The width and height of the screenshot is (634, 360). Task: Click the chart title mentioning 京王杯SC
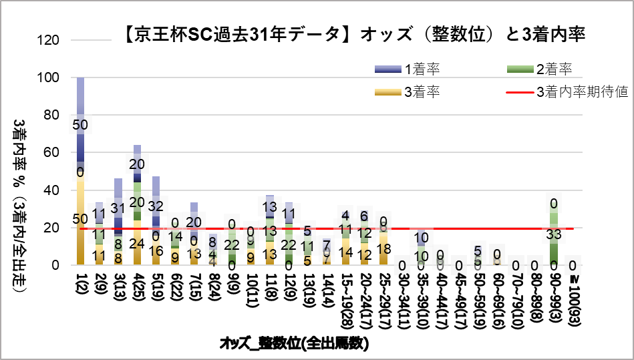[x=355, y=34]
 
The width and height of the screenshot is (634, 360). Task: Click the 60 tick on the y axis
[x=54, y=153]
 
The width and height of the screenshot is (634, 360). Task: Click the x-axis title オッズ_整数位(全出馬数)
[x=295, y=344]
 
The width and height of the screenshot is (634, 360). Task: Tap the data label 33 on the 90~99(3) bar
[x=554, y=234]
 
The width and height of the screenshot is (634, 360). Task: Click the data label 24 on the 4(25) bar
[x=137, y=243]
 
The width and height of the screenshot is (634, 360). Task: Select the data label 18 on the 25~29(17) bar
[x=383, y=248]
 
